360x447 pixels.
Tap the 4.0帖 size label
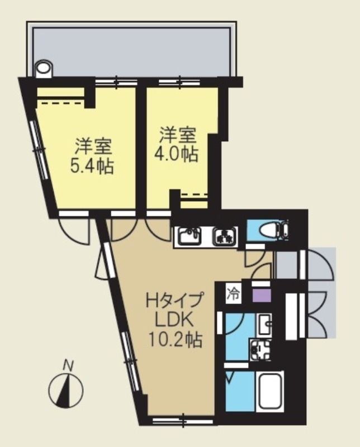click(x=178, y=154)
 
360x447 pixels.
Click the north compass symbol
click(x=66, y=389)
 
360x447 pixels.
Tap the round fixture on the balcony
click(x=44, y=69)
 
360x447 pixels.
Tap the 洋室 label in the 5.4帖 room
click(x=93, y=146)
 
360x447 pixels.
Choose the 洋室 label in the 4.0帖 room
click(x=178, y=135)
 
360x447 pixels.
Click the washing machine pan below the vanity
click(x=260, y=350)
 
